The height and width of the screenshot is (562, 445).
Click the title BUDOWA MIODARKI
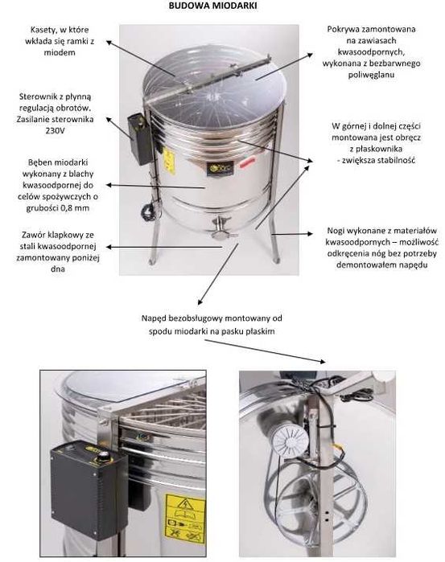point(212,6)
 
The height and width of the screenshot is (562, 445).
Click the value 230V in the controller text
point(56,131)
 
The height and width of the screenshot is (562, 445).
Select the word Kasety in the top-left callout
point(43,30)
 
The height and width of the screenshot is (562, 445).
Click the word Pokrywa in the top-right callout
point(342,29)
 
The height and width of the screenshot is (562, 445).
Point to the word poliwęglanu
point(372,76)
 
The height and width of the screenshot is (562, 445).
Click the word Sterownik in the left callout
point(35,96)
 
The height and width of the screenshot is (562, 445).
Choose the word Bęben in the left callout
point(38,162)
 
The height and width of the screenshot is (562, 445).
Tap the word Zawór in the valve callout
point(32,235)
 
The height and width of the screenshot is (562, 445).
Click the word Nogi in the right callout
point(336,232)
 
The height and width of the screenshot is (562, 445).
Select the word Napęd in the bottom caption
point(153,318)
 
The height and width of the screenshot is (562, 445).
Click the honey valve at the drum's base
point(220,229)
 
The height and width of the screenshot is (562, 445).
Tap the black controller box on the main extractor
point(140,139)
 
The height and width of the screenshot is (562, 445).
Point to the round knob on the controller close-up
point(104,457)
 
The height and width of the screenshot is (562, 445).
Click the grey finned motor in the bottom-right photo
point(289,440)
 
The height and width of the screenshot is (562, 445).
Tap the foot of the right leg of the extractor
point(276,260)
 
